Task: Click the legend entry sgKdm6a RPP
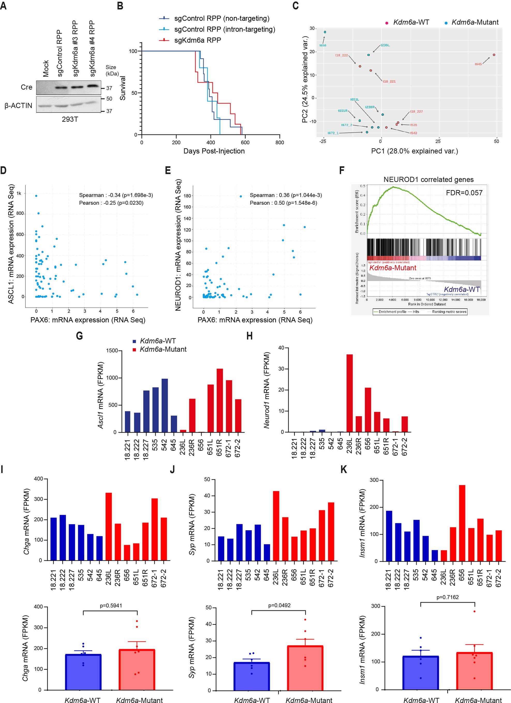coord(197,40)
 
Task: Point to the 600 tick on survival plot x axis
coord(245,142)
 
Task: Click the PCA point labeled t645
coord(494,55)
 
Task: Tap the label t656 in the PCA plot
coord(323,45)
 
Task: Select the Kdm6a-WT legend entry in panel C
coord(411,22)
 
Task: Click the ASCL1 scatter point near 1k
coord(36,196)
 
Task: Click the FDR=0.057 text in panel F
coord(464,193)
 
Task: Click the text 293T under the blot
coord(70,119)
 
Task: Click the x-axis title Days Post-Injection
coord(214,151)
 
